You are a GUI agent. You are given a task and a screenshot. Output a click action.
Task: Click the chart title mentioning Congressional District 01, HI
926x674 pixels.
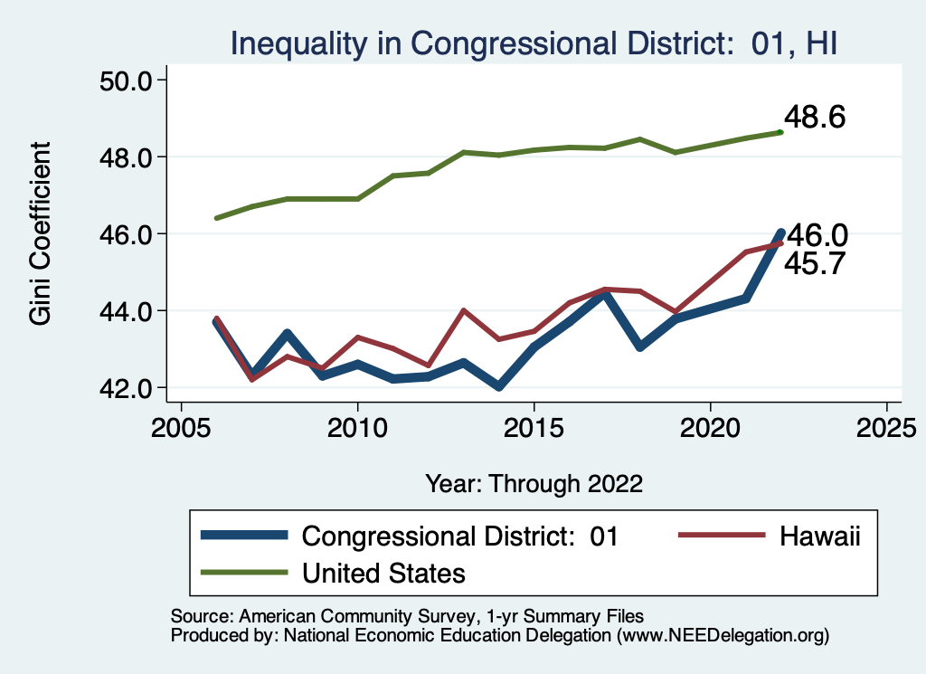pyautogui.click(x=537, y=43)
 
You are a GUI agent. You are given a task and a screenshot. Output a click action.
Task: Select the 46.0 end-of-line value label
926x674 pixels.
pyautogui.click(x=817, y=236)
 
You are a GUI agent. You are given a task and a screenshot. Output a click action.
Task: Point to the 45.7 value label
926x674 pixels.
pyautogui.click(x=814, y=263)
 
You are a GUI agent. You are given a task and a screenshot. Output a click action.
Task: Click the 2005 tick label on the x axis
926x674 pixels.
pyautogui.click(x=181, y=426)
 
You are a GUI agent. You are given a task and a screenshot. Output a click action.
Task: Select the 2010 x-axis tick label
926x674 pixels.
pyautogui.click(x=358, y=426)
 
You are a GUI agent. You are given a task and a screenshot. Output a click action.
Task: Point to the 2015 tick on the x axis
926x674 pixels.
pyautogui.click(x=534, y=426)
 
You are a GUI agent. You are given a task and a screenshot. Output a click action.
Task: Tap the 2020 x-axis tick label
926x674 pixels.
pyautogui.click(x=711, y=426)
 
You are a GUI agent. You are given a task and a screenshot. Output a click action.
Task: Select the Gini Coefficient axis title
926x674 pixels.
pyautogui.click(x=42, y=234)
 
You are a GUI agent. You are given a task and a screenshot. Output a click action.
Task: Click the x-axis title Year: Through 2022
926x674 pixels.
pyautogui.click(x=534, y=483)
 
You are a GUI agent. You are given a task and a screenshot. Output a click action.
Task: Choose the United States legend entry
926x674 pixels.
pyautogui.click(x=383, y=573)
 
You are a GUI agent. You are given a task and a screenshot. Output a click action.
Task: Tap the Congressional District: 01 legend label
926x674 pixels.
pyautogui.click(x=459, y=536)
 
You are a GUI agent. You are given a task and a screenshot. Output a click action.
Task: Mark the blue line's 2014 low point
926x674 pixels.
pyautogui.click(x=499, y=386)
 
